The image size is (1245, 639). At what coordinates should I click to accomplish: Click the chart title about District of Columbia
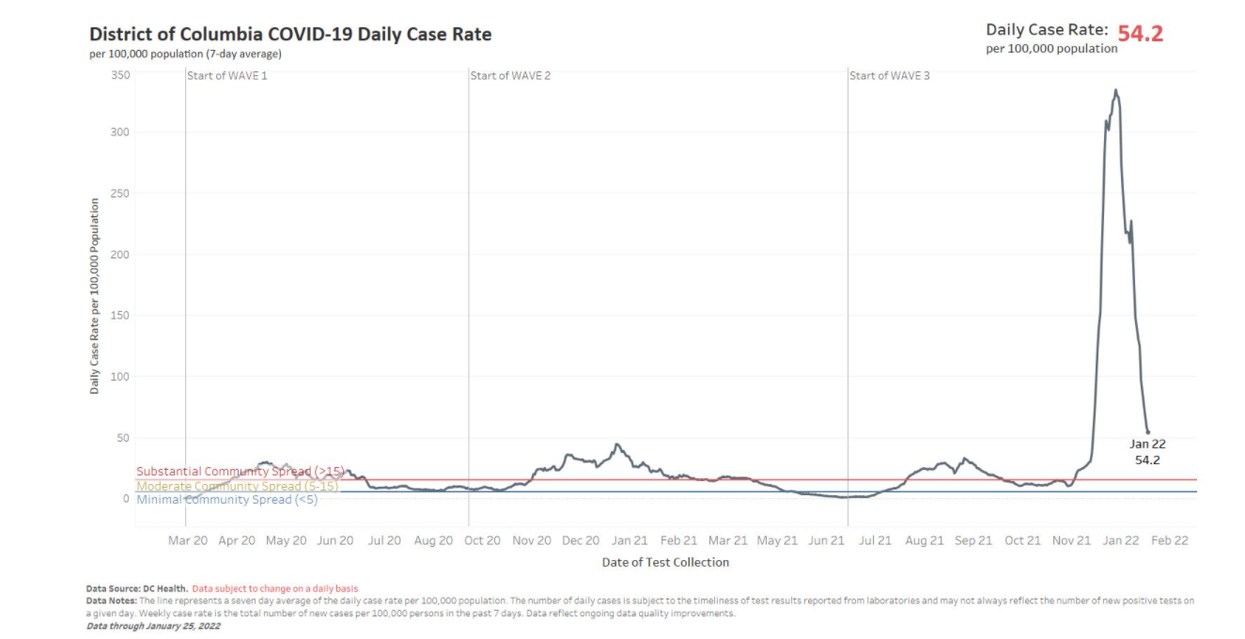pyautogui.click(x=290, y=35)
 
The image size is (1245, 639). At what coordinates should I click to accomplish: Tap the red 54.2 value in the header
pyautogui.click(x=1140, y=34)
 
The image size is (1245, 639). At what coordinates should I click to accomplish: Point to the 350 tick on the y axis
pyautogui.click(x=120, y=74)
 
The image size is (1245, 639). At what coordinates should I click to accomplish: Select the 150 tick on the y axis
pyautogui.click(x=120, y=315)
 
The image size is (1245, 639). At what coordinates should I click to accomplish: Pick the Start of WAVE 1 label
pyautogui.click(x=227, y=75)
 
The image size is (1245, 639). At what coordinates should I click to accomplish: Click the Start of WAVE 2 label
pyautogui.click(x=510, y=75)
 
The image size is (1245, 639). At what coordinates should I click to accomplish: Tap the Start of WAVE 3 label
pyautogui.click(x=890, y=75)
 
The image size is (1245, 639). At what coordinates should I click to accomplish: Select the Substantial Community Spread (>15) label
pyautogui.click(x=241, y=472)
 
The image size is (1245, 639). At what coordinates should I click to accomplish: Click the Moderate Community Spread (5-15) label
pyautogui.click(x=237, y=486)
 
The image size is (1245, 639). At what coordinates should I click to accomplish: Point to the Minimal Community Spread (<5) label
pyautogui.click(x=227, y=500)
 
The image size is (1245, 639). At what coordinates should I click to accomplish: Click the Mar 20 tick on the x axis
pyautogui.click(x=188, y=540)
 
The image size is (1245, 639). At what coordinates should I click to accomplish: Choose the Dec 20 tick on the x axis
pyautogui.click(x=581, y=540)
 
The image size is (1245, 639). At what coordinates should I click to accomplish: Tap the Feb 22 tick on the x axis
pyautogui.click(x=1170, y=540)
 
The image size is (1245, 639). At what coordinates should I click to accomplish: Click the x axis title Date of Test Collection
pyautogui.click(x=665, y=562)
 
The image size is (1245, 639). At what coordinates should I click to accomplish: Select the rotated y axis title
pyautogui.click(x=95, y=295)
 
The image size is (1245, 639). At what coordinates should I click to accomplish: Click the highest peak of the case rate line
pyautogui.click(x=1115, y=90)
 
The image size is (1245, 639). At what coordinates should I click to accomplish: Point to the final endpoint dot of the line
pyautogui.click(x=1147, y=432)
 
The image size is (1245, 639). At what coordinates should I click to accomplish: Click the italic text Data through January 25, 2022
pyautogui.click(x=153, y=626)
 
